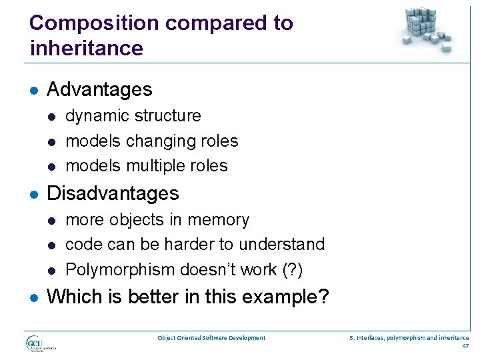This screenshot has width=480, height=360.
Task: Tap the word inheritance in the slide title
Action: click(86, 49)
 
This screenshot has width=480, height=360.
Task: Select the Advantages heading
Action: click(99, 89)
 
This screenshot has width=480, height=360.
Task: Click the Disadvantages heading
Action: click(113, 193)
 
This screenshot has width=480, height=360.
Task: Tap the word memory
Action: click(221, 220)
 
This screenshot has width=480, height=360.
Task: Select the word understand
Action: click(283, 245)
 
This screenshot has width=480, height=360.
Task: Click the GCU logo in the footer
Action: click(39, 343)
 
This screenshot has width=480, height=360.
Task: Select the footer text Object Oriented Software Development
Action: click(211, 338)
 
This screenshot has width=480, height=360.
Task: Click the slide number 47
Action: click(465, 347)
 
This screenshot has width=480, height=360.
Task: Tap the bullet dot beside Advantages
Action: click(34, 90)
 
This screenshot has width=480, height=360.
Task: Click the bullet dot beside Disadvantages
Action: click(34, 194)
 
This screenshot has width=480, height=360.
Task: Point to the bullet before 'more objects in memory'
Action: click(51, 221)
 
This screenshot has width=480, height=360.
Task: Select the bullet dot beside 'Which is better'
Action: click(34, 297)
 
